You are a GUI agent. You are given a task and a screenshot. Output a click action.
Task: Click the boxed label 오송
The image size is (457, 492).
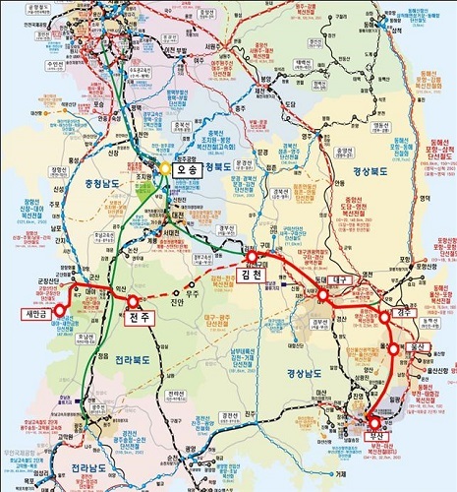coord(193,167)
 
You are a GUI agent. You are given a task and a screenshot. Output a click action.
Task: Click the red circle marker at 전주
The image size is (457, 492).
coord(134,301)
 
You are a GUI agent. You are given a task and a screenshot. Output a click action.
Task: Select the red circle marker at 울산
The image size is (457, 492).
coord(394,347)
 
